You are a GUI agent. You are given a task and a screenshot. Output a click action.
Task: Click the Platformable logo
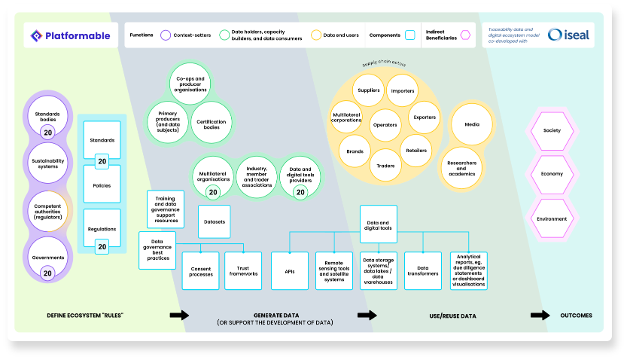[71, 35]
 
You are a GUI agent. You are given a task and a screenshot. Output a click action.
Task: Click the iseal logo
[569, 35]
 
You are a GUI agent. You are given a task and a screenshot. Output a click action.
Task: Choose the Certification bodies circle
[212, 122]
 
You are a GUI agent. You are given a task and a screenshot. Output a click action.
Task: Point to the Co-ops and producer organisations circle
[190, 83]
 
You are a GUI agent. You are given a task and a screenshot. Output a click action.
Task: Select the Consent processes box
[200, 271]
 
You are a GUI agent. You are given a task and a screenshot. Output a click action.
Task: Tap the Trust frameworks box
[243, 271]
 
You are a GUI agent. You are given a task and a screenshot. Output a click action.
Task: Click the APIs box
[290, 271]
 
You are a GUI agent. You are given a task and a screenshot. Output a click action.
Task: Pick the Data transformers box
[422, 271]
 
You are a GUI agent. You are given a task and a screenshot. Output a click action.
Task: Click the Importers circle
[402, 90]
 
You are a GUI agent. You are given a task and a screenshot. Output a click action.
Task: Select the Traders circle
[385, 165]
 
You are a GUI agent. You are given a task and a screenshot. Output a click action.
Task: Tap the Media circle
[472, 124]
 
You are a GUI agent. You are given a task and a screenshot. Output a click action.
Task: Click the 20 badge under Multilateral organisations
[212, 192]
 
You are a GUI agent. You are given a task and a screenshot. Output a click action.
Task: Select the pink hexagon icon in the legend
[466, 35]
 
